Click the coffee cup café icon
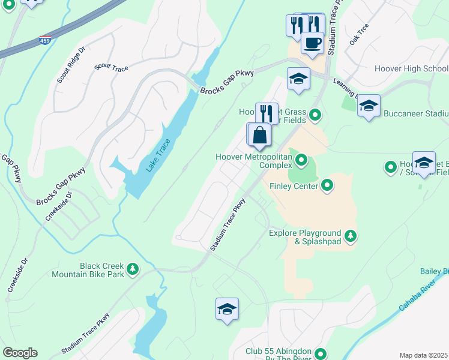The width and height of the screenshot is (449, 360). (x=312, y=43)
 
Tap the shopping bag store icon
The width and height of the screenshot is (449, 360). (x=260, y=134)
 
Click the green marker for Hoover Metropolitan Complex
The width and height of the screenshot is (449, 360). (x=301, y=160)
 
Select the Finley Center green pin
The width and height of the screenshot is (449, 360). (x=327, y=185)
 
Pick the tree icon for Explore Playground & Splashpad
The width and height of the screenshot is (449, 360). (x=351, y=234)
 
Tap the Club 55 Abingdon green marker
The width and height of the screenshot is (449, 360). (x=321, y=354)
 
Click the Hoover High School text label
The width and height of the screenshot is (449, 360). (x=411, y=68)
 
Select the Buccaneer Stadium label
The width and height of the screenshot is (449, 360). (x=417, y=113)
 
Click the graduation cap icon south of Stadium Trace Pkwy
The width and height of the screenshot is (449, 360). (x=227, y=309)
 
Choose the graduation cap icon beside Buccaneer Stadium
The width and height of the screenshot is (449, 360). (x=369, y=106)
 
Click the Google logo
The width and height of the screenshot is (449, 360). (x=19, y=353)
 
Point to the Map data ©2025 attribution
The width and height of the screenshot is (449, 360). (x=424, y=355)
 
